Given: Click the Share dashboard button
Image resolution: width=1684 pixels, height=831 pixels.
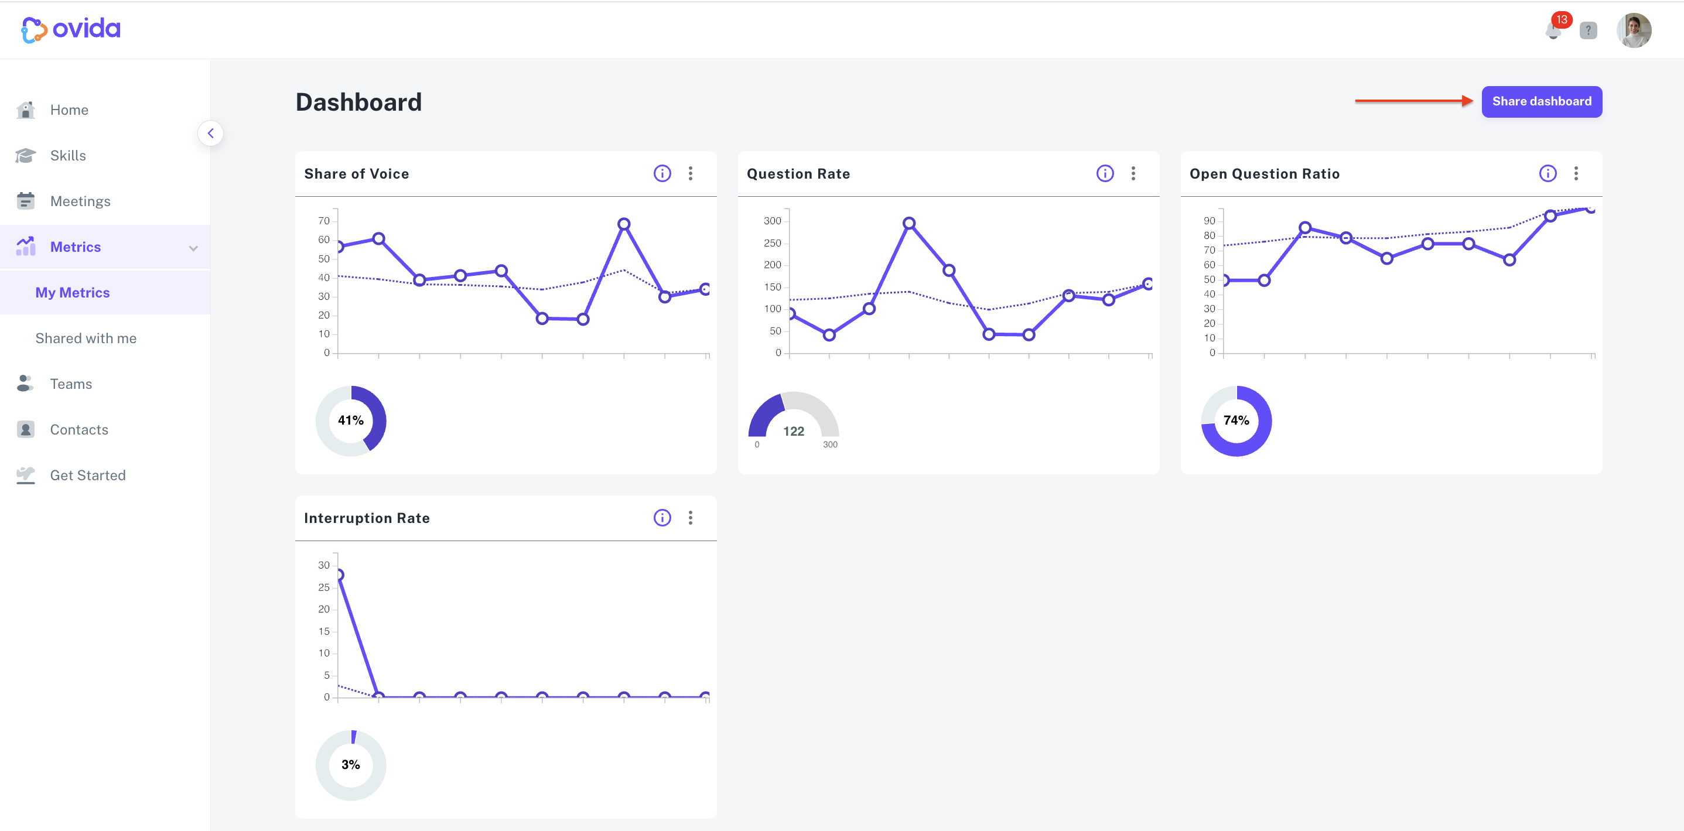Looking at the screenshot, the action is coord(1542,101).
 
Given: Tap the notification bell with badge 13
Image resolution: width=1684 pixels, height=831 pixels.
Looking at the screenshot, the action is coord(1555,30).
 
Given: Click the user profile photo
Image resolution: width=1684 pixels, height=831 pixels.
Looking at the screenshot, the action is coord(1634,30).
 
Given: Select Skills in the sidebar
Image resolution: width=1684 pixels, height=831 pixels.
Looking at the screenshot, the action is coord(68,156).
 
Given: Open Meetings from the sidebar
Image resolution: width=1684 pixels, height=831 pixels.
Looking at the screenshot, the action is coord(80,201).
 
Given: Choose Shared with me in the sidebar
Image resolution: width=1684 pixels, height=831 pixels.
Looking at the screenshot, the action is coord(86,338).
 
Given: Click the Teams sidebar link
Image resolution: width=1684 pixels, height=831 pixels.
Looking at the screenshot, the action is coord(71,384).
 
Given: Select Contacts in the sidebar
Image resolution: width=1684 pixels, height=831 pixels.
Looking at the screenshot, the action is coord(79,430).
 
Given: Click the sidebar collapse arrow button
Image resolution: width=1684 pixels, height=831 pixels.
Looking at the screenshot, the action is coord(210,134).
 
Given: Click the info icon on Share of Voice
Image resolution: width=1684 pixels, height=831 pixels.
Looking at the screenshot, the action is coord(662,173).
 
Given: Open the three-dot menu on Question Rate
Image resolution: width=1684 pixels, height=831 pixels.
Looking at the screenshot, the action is coord(1133,173).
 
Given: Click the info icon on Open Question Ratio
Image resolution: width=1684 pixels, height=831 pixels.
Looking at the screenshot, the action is coord(1548,173).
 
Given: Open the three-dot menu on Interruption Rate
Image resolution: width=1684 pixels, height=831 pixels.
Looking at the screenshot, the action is coord(691,518).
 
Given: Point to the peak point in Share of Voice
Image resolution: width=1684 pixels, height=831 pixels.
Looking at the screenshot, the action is coord(624,224).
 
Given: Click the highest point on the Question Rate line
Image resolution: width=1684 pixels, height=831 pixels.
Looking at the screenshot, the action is coord(908,223).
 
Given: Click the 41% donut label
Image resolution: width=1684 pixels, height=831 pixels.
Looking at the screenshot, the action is coord(350,420).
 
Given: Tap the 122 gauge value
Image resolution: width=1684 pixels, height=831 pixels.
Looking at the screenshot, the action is coord(794,432).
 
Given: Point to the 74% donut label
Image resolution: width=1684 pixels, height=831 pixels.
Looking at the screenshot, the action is coord(1236,420).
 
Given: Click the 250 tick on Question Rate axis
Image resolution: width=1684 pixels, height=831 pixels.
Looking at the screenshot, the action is coord(772,243).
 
